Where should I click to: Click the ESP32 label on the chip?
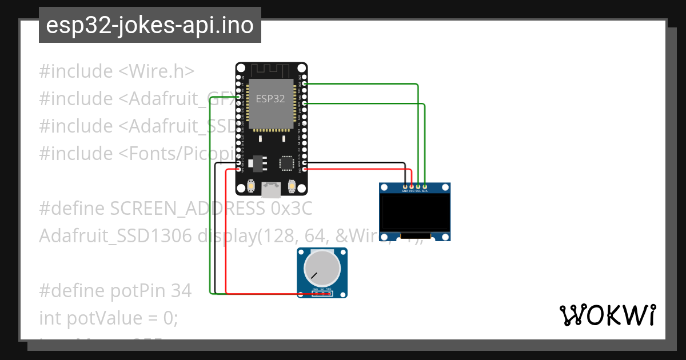[x=270, y=98]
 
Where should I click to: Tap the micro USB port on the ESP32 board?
[x=271, y=189]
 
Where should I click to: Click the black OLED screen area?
[x=414, y=213]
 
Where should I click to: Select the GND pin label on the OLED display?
[x=405, y=191]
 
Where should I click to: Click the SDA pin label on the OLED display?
[x=424, y=191]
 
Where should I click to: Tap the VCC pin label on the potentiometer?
[x=329, y=289]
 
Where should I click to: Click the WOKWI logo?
[x=607, y=315]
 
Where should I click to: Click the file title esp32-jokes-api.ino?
[x=150, y=26]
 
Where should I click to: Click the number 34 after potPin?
[x=181, y=291]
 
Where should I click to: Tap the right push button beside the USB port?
[x=292, y=186]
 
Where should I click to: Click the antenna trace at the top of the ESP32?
[x=271, y=70]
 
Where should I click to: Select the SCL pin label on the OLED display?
[x=418, y=191]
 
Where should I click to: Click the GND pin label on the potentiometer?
[x=316, y=289]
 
